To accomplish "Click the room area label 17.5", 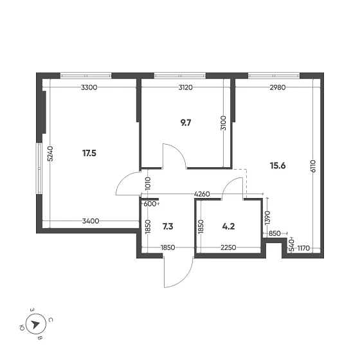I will point(89,153).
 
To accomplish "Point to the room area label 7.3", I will point(168,226).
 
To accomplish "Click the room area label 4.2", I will point(229,226).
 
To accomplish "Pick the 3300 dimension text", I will point(89,87).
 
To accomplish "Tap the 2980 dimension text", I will point(278,87).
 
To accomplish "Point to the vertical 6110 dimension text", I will point(313,166).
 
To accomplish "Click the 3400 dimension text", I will point(90,222).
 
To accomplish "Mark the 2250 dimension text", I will point(230,248).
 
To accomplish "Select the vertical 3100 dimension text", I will point(223,123).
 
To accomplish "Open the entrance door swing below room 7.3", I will point(177,273).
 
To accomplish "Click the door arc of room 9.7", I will point(175,156).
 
